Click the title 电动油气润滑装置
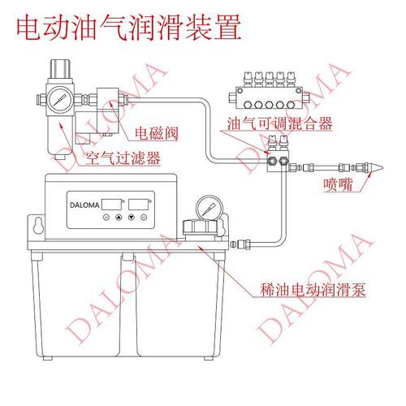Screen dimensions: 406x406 (x=129, y=28)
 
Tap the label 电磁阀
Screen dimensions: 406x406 (x=157, y=133)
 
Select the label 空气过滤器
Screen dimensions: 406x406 (x=123, y=158)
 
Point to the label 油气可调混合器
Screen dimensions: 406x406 (x=279, y=123)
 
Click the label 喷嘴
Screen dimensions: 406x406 (x=339, y=184)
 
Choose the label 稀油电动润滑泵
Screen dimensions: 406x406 (x=313, y=290)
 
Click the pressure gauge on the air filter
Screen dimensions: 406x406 (x=60, y=100)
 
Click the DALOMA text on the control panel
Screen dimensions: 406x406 (x=84, y=205)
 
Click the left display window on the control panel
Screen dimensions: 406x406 (x=112, y=205)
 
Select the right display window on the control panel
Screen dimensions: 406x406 (x=138, y=205)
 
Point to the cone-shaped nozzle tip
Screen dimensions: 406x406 (x=375, y=168)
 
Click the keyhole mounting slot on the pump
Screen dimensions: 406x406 (x=39, y=225)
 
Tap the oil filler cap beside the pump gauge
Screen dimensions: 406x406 (x=200, y=227)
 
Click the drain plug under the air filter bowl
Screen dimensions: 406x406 (x=60, y=157)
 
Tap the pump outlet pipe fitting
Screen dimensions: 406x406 (x=241, y=244)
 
